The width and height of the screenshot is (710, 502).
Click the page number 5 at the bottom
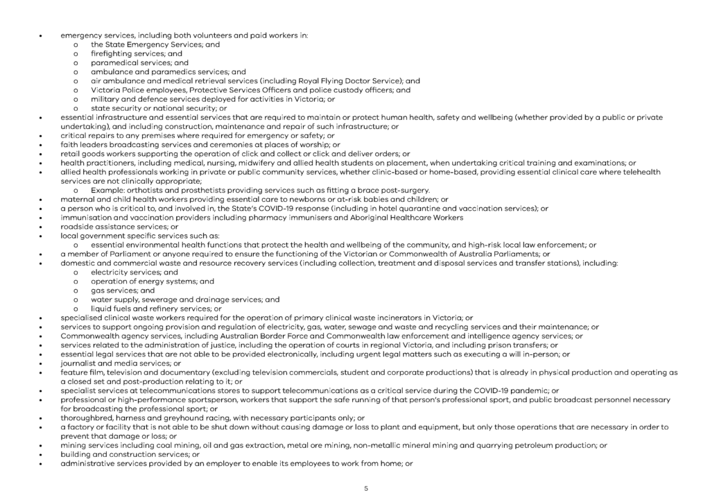[x=366, y=488]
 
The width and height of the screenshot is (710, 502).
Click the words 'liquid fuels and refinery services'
[x=152, y=309]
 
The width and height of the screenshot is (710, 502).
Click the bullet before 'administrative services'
[x=42, y=463]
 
